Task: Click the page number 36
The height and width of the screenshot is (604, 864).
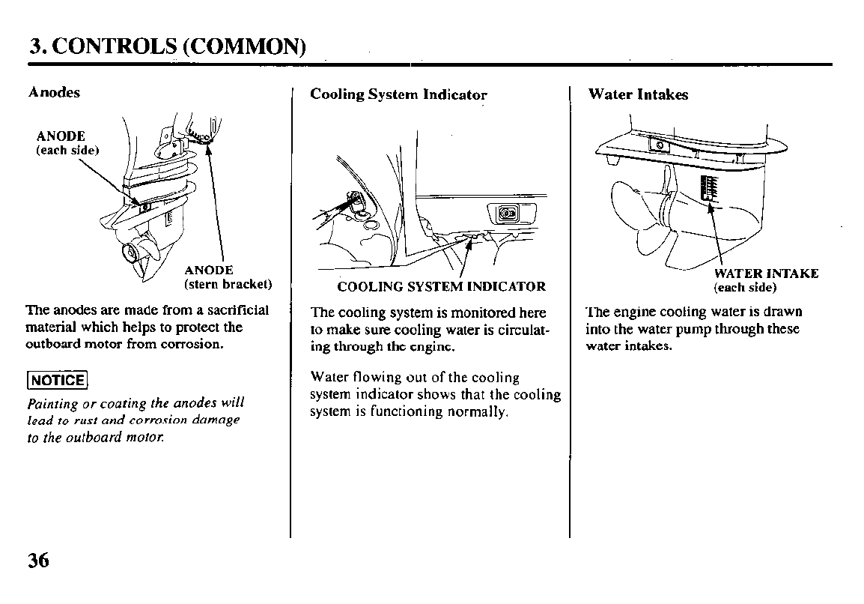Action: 39,561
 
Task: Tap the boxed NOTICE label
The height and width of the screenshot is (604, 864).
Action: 58,381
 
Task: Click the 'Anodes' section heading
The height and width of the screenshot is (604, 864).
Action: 54,92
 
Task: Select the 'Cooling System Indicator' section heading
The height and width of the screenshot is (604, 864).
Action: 398,95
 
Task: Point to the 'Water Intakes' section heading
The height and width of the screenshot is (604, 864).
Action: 638,94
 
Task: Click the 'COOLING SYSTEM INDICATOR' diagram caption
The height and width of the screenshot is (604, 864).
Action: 442,287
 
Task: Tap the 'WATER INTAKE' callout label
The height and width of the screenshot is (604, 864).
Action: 766,274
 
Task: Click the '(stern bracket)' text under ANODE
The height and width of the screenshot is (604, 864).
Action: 228,284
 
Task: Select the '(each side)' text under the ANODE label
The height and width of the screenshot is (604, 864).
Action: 68,150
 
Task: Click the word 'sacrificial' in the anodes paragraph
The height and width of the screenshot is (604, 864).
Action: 238,310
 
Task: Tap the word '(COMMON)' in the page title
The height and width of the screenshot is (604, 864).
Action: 244,47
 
